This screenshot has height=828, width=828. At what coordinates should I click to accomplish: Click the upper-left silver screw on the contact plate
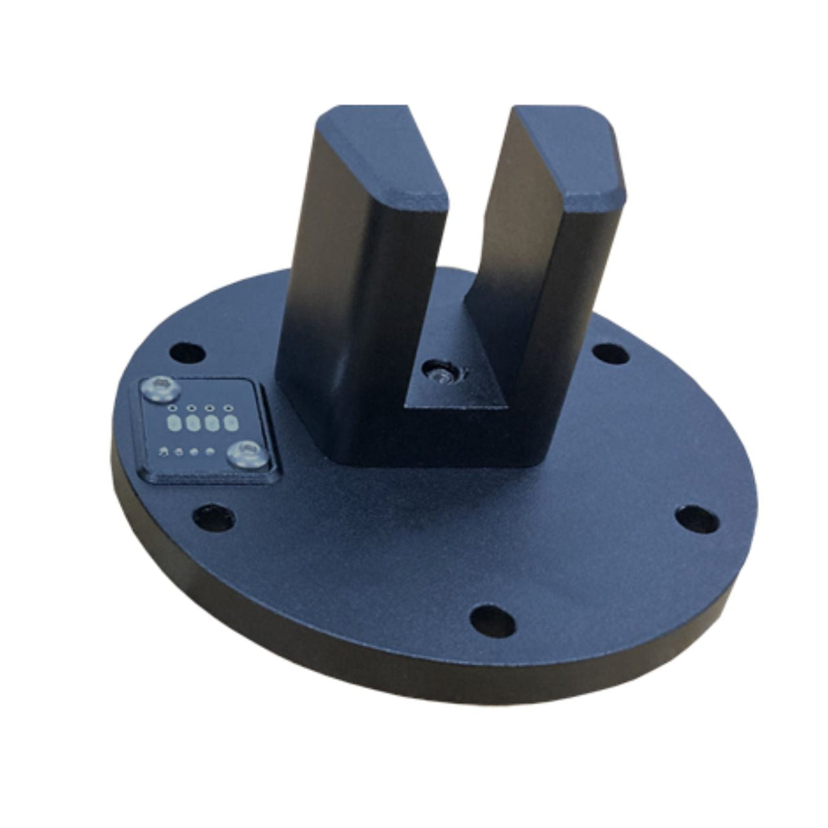point(160,389)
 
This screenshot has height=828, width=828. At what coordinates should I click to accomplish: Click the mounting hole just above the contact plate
point(187,353)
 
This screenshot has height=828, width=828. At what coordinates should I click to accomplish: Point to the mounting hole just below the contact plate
point(214,518)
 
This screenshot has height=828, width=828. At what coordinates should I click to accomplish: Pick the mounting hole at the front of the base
point(492,621)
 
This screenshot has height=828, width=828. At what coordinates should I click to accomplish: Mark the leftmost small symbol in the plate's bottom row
point(163,452)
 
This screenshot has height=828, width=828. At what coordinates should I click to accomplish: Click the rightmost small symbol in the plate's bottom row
point(211,451)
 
